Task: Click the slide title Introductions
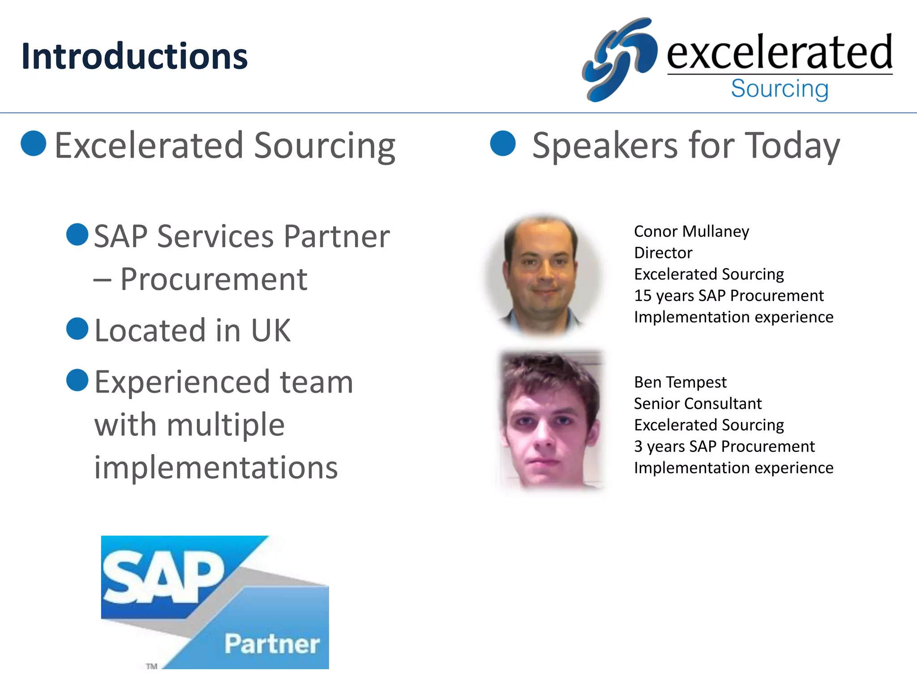(x=134, y=56)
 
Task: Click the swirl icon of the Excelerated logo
(x=620, y=59)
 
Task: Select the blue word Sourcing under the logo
(x=780, y=89)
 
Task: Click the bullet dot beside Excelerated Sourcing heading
(x=34, y=143)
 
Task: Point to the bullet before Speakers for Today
(x=503, y=143)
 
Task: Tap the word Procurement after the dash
(x=214, y=279)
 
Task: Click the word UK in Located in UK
(x=271, y=331)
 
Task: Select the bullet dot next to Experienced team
(x=77, y=380)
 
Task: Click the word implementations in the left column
(x=216, y=468)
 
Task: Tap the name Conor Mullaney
(x=691, y=232)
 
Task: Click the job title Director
(x=663, y=253)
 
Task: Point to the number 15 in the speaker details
(x=643, y=296)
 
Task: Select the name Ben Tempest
(x=680, y=383)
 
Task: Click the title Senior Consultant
(x=698, y=404)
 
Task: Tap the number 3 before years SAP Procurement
(x=638, y=447)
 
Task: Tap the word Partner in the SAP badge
(x=272, y=644)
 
